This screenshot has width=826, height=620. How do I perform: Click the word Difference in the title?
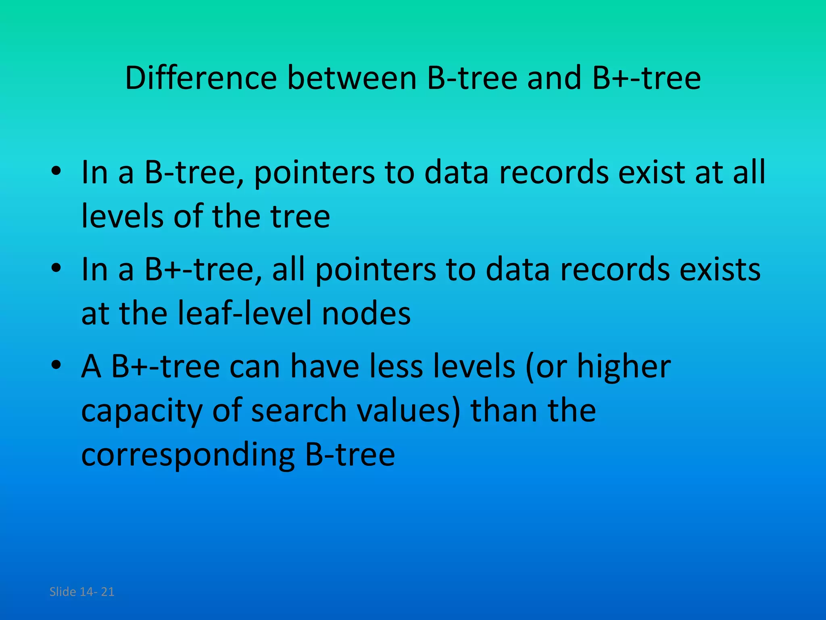201,78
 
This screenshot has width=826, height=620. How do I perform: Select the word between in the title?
352,78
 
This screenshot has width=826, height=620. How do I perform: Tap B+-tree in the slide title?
647,78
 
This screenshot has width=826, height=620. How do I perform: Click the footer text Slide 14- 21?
82,592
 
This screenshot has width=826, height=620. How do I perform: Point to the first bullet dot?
56,171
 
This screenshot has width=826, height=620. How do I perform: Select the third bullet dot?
56,364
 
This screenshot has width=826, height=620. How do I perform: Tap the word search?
299,410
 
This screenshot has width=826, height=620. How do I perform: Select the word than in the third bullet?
504,410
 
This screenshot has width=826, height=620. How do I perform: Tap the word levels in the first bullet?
122,216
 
